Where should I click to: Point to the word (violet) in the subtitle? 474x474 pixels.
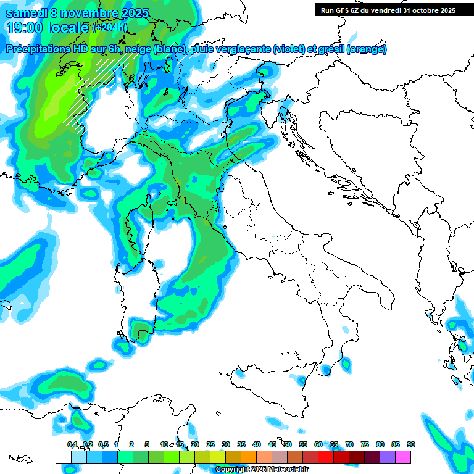coord(290,49)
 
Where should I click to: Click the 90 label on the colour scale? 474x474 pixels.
coord(410,444)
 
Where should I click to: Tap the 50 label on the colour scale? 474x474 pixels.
coord(288,444)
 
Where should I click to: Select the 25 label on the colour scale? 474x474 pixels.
coord(210,444)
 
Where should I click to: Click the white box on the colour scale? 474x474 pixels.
coord(63,457)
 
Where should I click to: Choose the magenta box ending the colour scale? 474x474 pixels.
coord(403,457)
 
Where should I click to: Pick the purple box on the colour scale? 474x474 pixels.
coord(388,457)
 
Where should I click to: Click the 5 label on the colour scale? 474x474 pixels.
coord(147,444)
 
